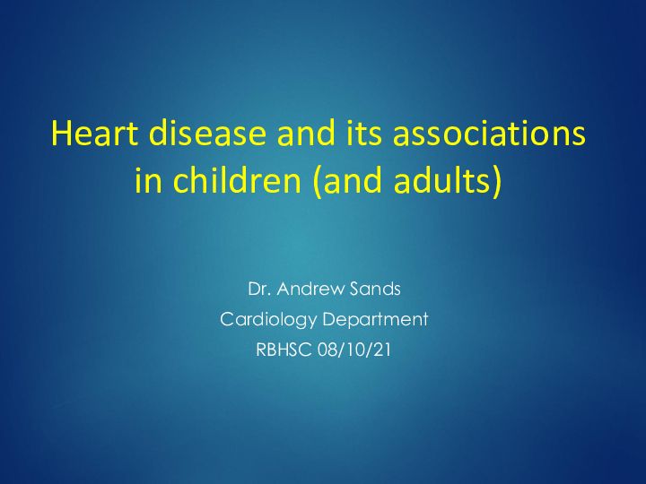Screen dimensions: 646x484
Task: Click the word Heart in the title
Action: (95, 133)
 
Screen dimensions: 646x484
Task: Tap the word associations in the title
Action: (489, 133)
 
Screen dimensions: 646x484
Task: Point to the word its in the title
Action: (364, 134)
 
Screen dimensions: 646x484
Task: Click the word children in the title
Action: (237, 180)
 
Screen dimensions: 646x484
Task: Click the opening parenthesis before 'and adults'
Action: (318, 181)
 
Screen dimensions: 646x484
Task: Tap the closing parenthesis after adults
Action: (496, 181)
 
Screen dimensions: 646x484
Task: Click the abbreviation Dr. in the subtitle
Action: (259, 289)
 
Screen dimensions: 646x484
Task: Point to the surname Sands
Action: (375, 289)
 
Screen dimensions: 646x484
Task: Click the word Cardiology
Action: (268, 320)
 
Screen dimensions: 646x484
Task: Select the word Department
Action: (375, 320)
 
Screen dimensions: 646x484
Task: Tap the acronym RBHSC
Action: (284, 350)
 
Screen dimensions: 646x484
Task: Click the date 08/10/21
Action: (354, 350)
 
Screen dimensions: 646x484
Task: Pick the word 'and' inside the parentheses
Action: (354, 180)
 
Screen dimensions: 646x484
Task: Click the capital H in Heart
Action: (61, 133)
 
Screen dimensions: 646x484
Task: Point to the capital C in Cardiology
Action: (227, 319)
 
